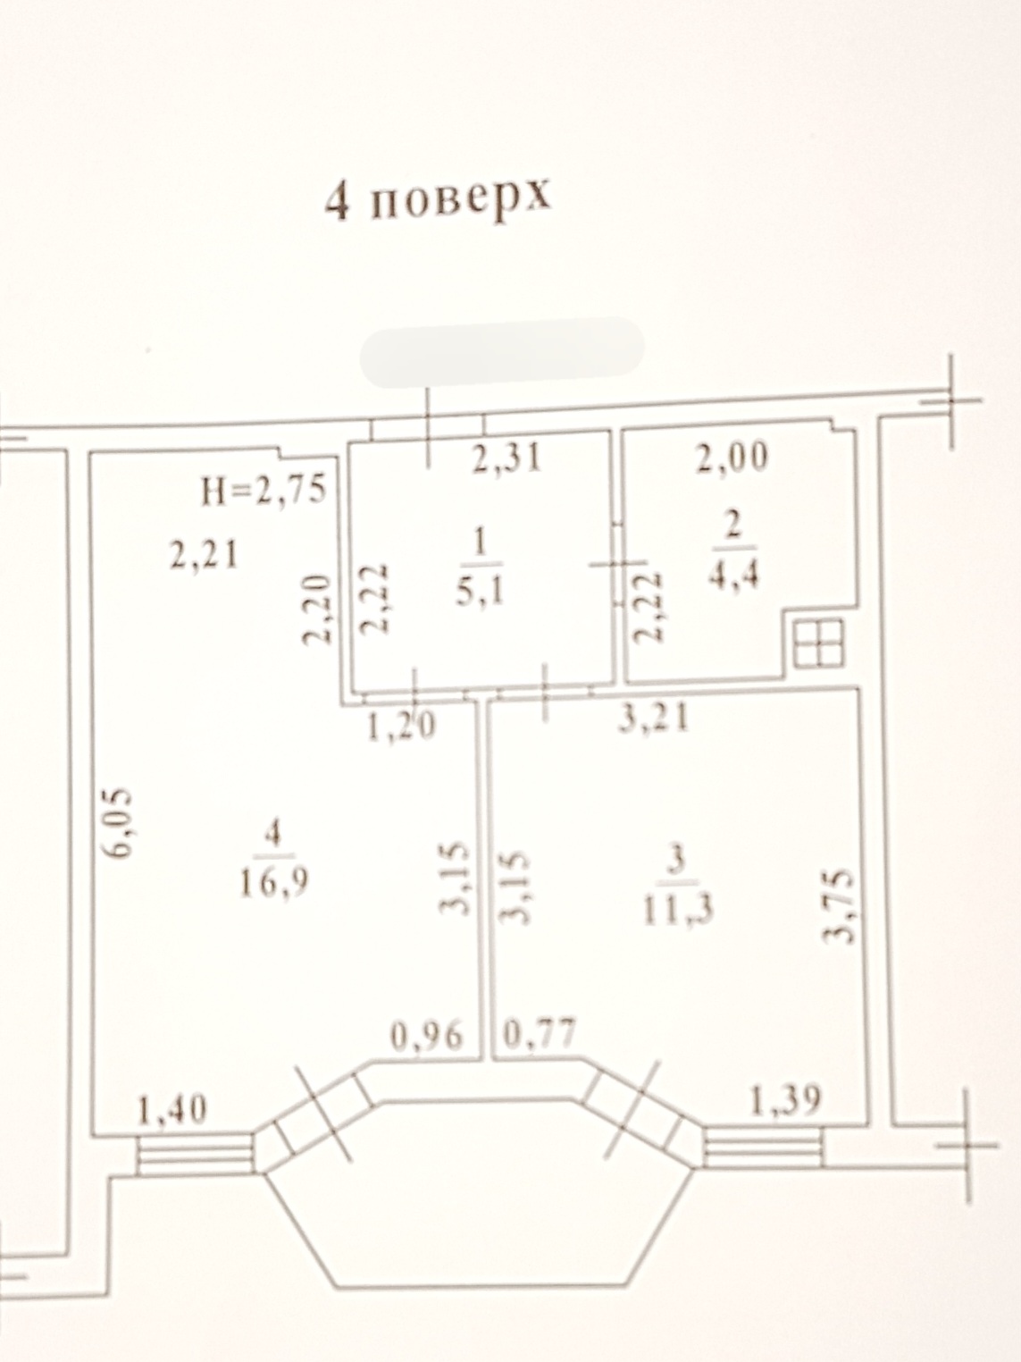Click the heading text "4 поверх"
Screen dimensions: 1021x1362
(x=439, y=199)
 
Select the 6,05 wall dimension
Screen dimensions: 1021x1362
(x=118, y=825)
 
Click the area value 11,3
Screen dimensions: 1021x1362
(x=678, y=911)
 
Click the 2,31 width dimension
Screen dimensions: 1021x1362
(x=506, y=459)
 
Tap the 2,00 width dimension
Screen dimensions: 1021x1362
(x=732, y=458)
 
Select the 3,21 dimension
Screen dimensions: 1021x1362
(x=654, y=719)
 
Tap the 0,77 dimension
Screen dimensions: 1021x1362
(x=540, y=1032)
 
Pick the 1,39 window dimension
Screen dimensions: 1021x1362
(x=786, y=1101)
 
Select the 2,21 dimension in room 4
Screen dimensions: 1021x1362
(x=204, y=554)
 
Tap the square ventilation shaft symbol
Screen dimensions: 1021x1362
(x=818, y=643)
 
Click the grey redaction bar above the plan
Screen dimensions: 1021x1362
(x=503, y=352)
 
